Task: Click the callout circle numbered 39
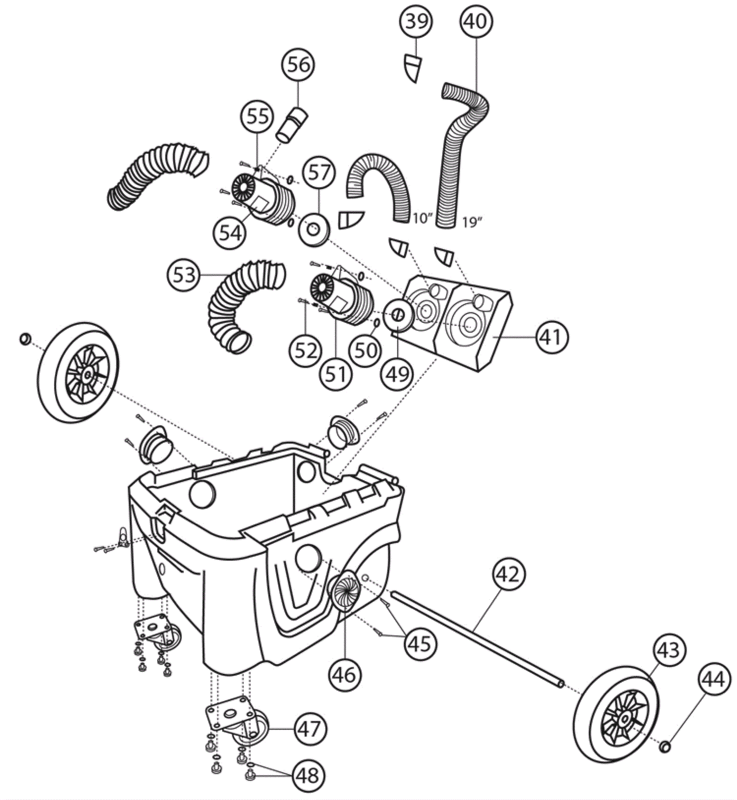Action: pyautogui.click(x=416, y=22)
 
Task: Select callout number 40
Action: pyautogui.click(x=476, y=21)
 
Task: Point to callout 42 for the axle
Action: pyautogui.click(x=509, y=575)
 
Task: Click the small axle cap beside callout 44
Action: pyautogui.click(x=665, y=747)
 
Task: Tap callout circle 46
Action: pyautogui.click(x=344, y=675)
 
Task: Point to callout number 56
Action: pyautogui.click(x=299, y=65)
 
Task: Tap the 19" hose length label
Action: pyautogui.click(x=472, y=222)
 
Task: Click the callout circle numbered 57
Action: pyautogui.click(x=320, y=173)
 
